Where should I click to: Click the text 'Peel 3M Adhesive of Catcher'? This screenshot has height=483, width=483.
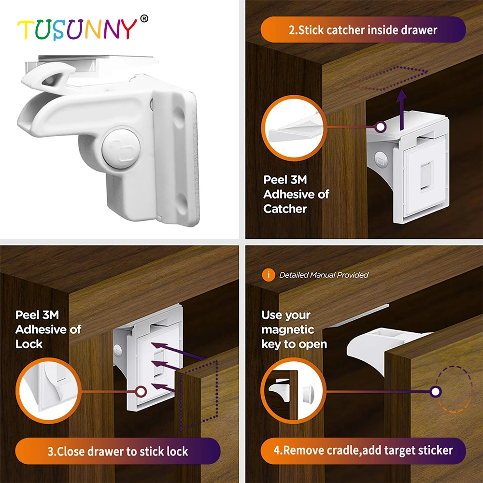click(296, 194)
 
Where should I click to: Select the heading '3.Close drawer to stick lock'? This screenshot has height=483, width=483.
click(118, 452)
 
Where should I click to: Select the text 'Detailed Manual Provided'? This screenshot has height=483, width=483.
click(324, 275)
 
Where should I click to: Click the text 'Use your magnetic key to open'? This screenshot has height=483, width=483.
click(294, 329)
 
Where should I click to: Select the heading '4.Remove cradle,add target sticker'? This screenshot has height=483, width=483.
click(363, 451)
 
